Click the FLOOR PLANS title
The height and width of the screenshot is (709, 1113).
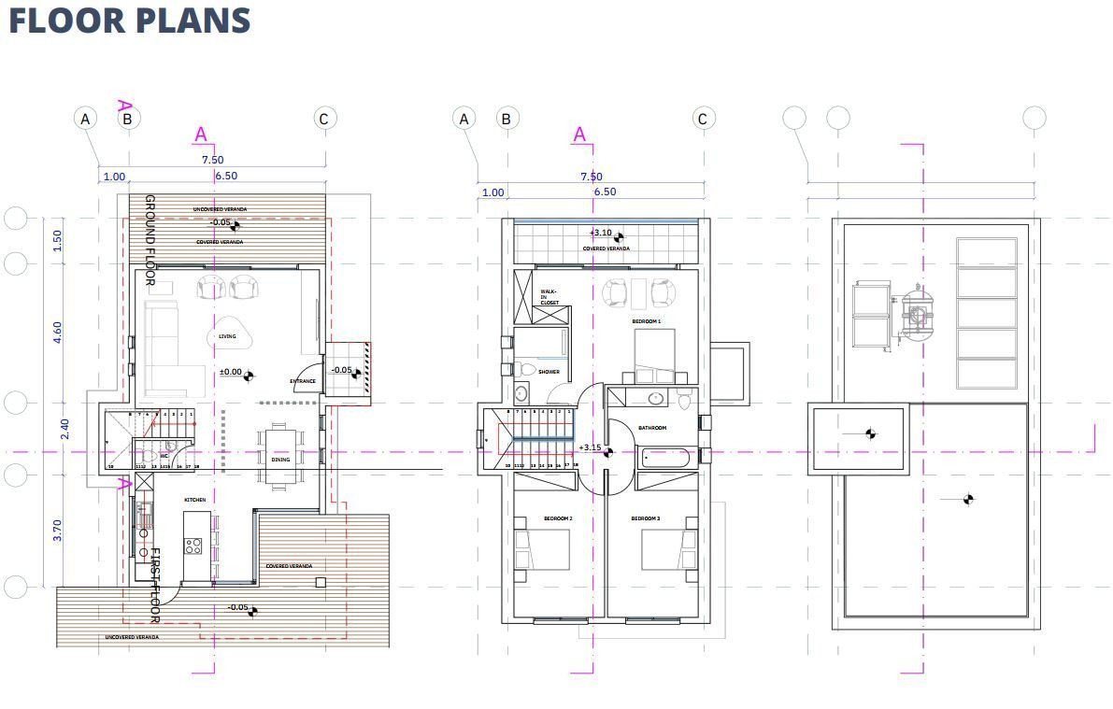pyautogui.click(x=130, y=21)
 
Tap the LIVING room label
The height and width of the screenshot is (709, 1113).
pyautogui.click(x=227, y=337)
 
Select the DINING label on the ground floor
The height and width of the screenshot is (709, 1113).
pyautogui.click(x=280, y=460)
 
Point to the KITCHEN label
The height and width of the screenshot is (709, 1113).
pyautogui.click(x=194, y=500)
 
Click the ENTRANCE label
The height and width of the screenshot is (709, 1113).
pyautogui.click(x=303, y=381)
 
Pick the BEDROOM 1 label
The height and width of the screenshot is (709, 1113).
pyautogui.click(x=646, y=321)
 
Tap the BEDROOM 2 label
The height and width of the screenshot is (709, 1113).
pyautogui.click(x=558, y=518)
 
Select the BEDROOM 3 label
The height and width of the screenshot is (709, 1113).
pyautogui.click(x=645, y=518)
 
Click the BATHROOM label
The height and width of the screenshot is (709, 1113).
pyautogui.click(x=652, y=428)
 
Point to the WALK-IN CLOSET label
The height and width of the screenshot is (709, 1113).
pyautogui.click(x=549, y=297)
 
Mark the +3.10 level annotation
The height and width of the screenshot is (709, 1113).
pyautogui.click(x=601, y=233)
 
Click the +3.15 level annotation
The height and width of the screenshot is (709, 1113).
pyautogui.click(x=589, y=447)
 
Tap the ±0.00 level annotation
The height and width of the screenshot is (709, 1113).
pyautogui.click(x=230, y=372)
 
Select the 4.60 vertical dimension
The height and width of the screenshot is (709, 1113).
pyautogui.click(x=57, y=333)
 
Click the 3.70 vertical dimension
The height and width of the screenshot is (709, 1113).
pyautogui.click(x=57, y=532)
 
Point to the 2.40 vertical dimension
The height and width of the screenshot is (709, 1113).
pyautogui.click(x=64, y=429)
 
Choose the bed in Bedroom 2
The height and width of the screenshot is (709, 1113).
pyautogui.click(x=544, y=549)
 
